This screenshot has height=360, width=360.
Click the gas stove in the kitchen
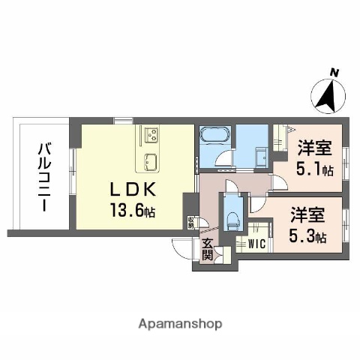151,136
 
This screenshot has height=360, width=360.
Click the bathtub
214,136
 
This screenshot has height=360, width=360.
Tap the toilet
232,218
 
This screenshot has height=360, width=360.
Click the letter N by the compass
334,73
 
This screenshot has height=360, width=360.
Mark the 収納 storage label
191,223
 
